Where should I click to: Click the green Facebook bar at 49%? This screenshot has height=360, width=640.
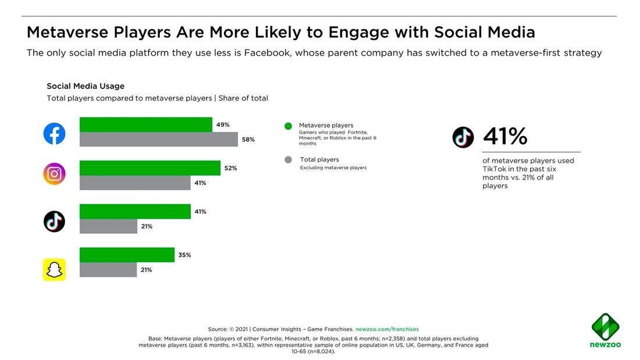145,124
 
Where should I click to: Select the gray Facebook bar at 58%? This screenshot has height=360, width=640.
158,140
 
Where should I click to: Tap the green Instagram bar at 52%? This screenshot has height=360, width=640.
150,168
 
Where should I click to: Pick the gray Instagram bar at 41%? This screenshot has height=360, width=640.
135,183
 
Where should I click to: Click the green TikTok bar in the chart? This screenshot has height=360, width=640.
135,212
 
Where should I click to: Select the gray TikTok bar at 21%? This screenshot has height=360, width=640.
108,226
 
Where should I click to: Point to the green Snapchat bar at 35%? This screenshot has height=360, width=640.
127,255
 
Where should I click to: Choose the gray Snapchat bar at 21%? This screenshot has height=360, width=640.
108,270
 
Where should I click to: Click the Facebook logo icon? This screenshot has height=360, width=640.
54,134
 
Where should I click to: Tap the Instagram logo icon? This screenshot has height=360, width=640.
54,174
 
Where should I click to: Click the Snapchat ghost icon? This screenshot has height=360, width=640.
54,270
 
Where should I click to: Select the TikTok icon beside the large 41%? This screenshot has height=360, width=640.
463,137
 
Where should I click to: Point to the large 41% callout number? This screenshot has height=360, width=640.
505,137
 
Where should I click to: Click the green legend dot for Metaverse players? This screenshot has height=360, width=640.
287,126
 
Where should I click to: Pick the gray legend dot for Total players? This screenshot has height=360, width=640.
287,160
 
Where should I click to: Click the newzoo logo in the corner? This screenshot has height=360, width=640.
606,331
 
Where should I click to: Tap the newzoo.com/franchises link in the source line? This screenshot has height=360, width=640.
387,329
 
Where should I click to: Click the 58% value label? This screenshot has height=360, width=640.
248,140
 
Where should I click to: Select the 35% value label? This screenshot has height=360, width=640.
184,255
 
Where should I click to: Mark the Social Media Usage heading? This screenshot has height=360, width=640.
86,86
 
